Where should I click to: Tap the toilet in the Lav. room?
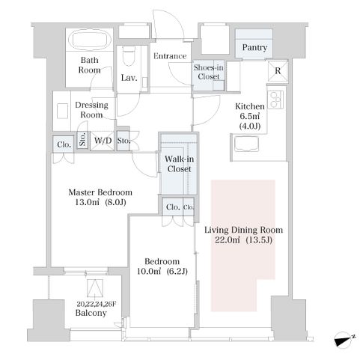click(129, 56)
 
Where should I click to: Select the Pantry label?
click(254, 47)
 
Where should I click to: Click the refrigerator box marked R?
click(278, 71)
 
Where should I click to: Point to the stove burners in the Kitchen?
click(275, 100)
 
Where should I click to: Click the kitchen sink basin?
click(247, 144)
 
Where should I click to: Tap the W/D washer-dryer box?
click(103, 141)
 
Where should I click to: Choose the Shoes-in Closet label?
click(209, 72)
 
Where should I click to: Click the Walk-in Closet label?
click(179, 164)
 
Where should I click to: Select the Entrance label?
click(170, 56)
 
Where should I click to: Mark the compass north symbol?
click(344, 340)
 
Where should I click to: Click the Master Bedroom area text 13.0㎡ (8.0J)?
click(100, 202)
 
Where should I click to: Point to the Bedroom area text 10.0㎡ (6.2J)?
click(162, 271)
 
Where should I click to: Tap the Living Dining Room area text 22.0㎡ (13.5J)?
click(243, 240)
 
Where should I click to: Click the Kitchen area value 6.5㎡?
click(250, 116)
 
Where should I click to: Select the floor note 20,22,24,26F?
click(97, 304)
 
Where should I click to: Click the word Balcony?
click(91, 313)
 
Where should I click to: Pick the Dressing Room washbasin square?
click(62, 111)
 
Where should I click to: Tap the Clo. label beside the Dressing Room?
click(64, 144)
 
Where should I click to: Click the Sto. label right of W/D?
click(123, 141)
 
